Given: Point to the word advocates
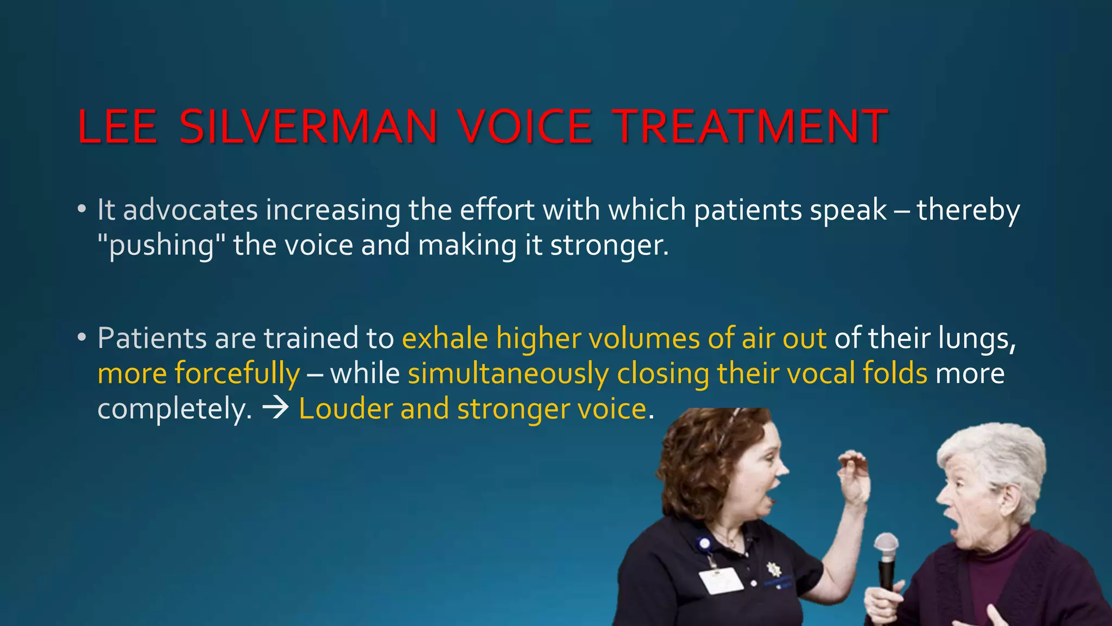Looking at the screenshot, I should click(190, 210).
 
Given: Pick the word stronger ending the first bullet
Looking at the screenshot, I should click(609, 246).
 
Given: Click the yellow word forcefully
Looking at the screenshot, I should click(237, 374).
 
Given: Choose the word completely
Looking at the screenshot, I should click(174, 409).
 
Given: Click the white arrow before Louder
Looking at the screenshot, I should click(275, 409).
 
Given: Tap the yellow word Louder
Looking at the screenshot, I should click(345, 409).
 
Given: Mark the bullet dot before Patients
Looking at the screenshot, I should click(81, 337).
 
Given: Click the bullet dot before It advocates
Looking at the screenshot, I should click(81, 209).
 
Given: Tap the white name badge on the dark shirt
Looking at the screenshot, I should click(721, 580).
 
